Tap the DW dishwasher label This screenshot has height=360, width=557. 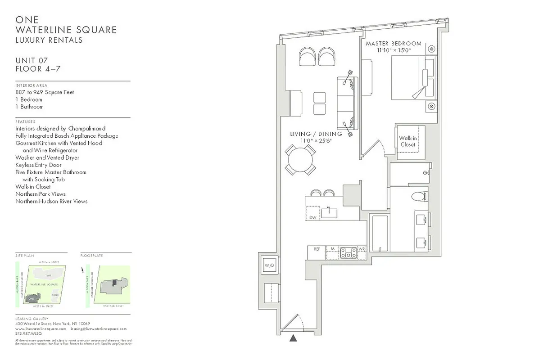pyautogui.click(x=312, y=217)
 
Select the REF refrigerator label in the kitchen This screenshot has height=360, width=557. pyautogui.click(x=317, y=249)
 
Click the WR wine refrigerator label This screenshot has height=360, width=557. pyautogui.click(x=362, y=249)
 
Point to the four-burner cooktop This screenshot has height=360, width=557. pyautogui.click(x=348, y=253)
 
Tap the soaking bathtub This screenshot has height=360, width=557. pyautogui.click(x=380, y=233)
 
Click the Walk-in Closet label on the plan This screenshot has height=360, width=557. pyautogui.click(x=408, y=141)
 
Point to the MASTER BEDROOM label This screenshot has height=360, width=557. pyautogui.click(x=394, y=44)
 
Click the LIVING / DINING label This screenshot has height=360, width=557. pyautogui.click(x=316, y=134)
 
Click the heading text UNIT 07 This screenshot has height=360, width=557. pyautogui.click(x=32, y=60)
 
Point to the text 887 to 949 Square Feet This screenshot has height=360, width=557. pyautogui.click(x=45, y=92)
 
